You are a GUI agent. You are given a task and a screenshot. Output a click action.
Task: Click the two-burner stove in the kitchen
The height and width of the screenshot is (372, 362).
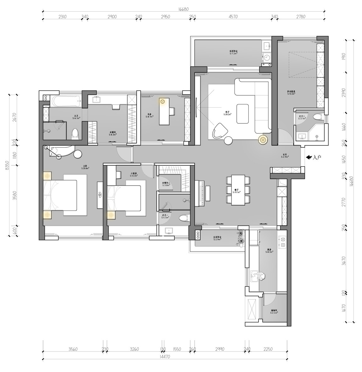point(282,241)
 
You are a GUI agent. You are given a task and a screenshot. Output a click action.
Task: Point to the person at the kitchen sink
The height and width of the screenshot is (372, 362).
point(261,276)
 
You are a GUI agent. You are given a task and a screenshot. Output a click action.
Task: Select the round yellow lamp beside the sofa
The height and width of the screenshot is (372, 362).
point(263,139)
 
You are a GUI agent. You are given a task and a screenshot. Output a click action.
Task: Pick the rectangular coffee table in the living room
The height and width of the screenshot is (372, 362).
point(243,113)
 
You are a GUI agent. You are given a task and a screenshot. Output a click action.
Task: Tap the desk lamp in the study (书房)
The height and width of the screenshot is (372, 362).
point(162,101)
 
